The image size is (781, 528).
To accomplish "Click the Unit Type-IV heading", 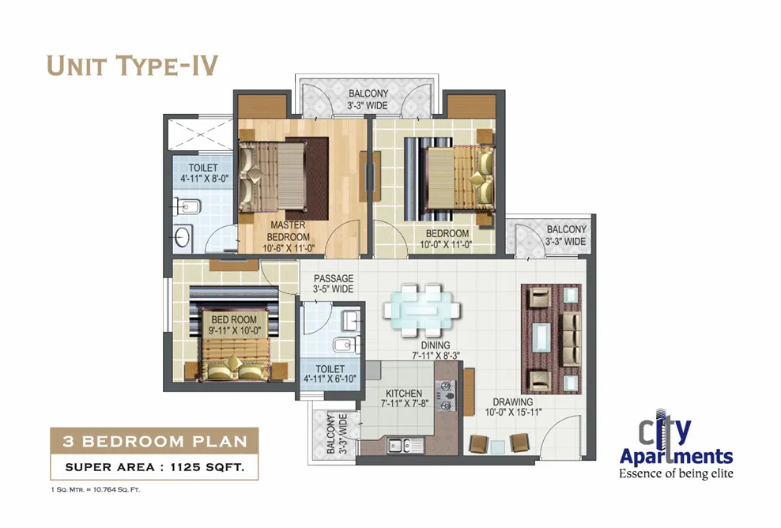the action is click(x=133, y=66).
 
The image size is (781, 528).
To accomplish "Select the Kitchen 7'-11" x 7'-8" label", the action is click(x=404, y=398).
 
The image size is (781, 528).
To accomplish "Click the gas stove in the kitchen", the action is click(x=446, y=396).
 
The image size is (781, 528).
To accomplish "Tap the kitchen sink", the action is click(x=406, y=444).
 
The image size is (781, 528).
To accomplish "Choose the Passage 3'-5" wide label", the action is click(x=334, y=284).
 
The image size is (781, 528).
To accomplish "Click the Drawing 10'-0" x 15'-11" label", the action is click(x=513, y=407).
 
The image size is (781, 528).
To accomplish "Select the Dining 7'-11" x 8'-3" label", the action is click(x=436, y=350).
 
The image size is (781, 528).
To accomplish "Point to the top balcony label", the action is click(x=368, y=99).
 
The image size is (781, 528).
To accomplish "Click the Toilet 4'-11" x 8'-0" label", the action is click(x=204, y=173).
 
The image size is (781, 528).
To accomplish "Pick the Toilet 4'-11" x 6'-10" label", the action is click(x=330, y=374).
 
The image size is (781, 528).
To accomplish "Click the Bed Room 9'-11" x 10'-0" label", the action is click(x=234, y=325).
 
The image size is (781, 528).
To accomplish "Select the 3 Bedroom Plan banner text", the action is click(x=155, y=441).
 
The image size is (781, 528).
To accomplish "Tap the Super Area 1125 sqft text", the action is click(x=155, y=467).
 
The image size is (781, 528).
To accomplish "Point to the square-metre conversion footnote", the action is click(x=96, y=489).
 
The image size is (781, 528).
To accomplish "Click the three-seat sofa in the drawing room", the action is click(x=572, y=340).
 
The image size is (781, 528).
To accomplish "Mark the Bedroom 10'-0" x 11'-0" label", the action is click(x=447, y=239).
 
